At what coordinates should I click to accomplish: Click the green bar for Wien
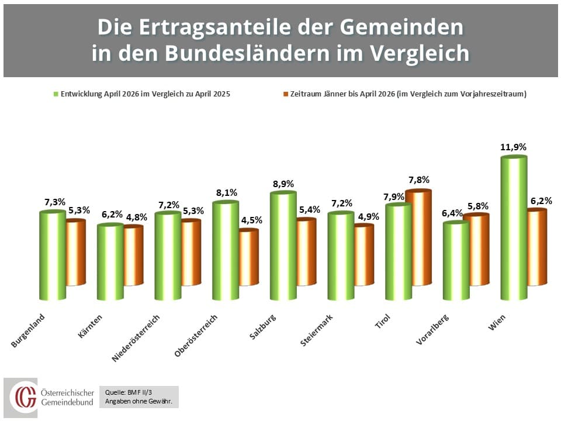(514, 228)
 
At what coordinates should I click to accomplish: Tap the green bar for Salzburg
(283, 246)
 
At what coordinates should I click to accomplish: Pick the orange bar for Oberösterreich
(248, 257)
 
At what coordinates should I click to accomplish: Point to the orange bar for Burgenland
(75, 253)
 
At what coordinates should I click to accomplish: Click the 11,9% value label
(514, 147)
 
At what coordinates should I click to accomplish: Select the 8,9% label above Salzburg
(283, 184)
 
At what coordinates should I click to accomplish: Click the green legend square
(57, 94)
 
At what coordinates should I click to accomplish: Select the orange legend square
(286, 94)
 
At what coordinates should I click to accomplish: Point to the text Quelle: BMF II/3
(124, 393)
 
